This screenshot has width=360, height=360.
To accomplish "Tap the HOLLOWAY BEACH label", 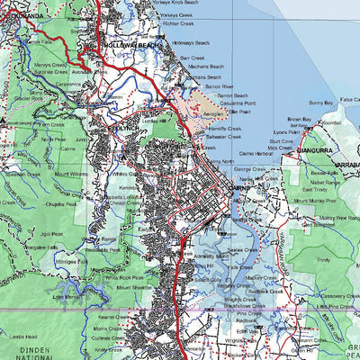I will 132,45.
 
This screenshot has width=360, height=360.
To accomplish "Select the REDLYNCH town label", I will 124,130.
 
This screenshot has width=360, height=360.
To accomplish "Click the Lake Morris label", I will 67,296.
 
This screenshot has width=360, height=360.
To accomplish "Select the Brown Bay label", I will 300,119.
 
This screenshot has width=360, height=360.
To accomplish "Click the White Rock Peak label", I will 123,278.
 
